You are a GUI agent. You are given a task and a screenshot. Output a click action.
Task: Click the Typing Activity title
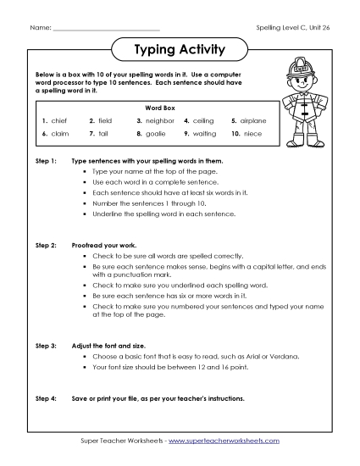coord(180,50)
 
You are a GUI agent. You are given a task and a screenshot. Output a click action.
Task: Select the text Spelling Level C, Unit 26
coord(292,27)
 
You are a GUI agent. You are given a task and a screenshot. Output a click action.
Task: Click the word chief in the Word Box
coord(58,121)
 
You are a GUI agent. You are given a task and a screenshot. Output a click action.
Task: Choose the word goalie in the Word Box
coord(152,134)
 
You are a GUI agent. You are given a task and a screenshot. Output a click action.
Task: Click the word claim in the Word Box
coord(58,134)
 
